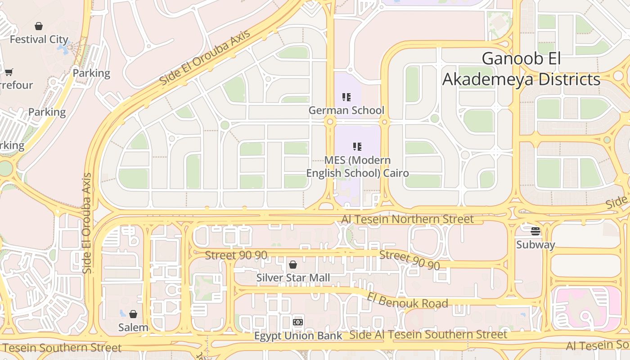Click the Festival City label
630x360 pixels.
[39, 40]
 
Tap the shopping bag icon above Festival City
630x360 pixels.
[39, 26]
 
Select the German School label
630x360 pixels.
[346, 110]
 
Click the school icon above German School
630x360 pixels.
[346, 97]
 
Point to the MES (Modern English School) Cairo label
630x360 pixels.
[357, 166]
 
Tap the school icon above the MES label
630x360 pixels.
[357, 146]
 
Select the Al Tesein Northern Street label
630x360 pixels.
[407, 219]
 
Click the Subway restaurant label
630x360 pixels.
[535, 245]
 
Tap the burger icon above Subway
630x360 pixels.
[535, 231]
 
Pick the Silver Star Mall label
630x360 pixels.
[293, 278]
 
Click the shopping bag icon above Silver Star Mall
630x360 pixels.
[293, 265]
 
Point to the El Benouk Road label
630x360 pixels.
[407, 300]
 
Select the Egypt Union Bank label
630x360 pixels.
[298, 336]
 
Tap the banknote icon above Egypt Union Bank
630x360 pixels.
[298, 322]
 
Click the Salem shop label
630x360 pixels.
[133, 328]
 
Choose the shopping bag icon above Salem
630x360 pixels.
[133, 314]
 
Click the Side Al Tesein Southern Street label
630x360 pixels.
[428, 335]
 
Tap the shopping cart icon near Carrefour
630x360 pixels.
[9, 72]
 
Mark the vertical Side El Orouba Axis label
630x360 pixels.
[87, 223]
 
